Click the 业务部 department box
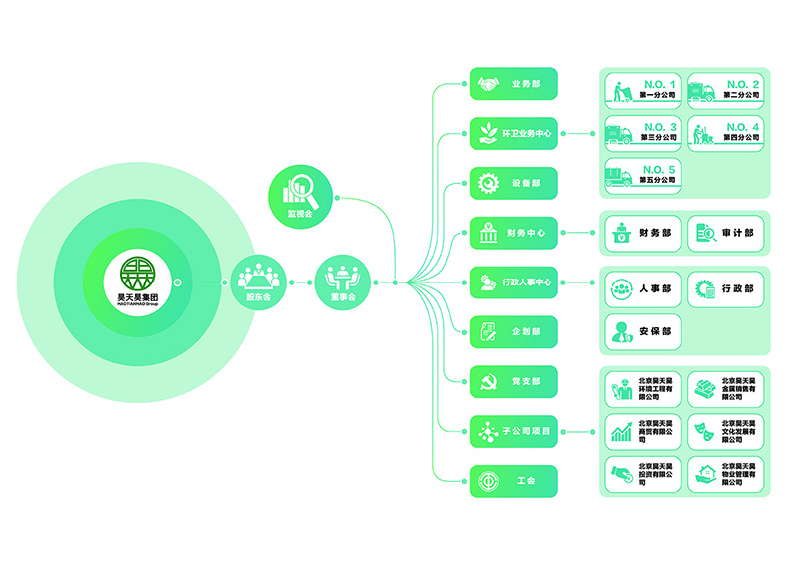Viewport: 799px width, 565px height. point(513,84)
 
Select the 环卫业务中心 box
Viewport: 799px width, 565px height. point(513,133)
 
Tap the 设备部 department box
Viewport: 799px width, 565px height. point(513,183)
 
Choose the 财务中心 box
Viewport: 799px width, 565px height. point(513,233)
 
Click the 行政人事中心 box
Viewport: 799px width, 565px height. point(513,282)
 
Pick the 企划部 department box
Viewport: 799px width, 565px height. point(513,331)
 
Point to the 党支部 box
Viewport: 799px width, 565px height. point(513,381)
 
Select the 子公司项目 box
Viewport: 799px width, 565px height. point(513,431)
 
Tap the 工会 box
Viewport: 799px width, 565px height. point(513,481)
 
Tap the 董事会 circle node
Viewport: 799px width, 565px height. point(343,281)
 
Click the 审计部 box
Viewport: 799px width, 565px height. point(726,233)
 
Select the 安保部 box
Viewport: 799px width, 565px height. point(643,331)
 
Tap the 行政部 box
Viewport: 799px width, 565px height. point(726,288)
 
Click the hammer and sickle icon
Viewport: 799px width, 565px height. point(488,381)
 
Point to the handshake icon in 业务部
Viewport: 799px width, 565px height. point(488,84)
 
